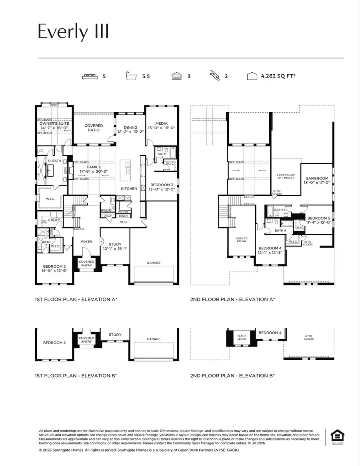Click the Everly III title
73,32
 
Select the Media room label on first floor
161,124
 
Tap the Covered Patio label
94,128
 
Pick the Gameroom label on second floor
316,178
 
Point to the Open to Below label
242,240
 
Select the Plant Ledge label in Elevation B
241,338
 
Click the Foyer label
86,241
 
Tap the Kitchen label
129,188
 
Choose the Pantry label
123,211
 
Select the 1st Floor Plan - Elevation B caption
76,376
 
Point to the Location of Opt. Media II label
286,177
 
